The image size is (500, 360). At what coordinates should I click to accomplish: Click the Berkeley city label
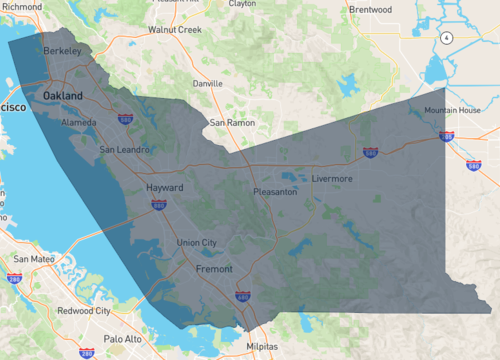(62, 49)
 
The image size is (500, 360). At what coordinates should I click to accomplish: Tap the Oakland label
(63, 96)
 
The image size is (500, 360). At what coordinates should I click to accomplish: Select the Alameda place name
(79, 122)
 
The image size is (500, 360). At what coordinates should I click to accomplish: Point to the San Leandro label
(125, 150)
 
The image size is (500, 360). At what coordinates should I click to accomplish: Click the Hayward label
(165, 187)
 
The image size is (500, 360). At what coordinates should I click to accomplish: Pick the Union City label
(196, 242)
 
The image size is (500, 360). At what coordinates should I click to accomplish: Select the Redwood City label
(84, 311)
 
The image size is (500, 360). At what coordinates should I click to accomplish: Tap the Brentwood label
(369, 9)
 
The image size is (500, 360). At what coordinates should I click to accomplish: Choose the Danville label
(207, 83)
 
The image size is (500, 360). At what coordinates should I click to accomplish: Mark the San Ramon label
(232, 123)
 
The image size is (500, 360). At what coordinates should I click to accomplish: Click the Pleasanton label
(274, 191)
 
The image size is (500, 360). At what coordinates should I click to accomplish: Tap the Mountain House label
(452, 110)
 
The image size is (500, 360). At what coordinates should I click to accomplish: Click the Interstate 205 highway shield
(447, 136)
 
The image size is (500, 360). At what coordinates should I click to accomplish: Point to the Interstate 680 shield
(242, 297)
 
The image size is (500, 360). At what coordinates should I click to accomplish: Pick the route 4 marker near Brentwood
(445, 37)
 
